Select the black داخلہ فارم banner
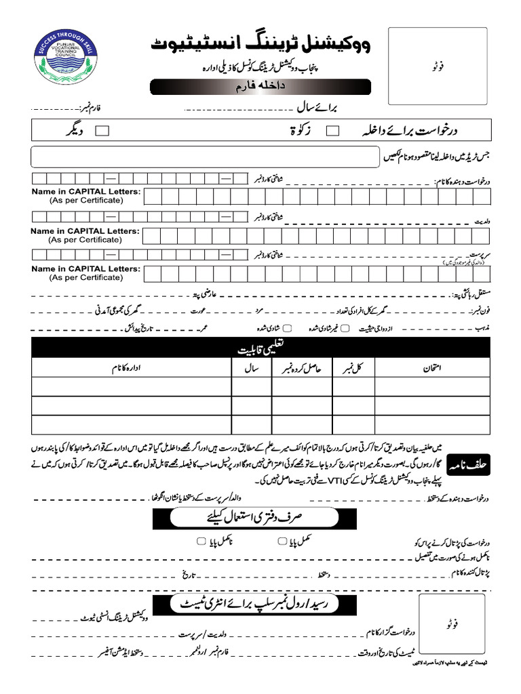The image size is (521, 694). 260,87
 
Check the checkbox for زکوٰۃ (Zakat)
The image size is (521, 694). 333,131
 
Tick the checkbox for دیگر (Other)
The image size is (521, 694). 103,131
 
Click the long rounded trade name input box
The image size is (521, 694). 204,157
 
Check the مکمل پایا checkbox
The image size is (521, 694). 282,541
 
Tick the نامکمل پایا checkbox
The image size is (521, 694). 200,541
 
